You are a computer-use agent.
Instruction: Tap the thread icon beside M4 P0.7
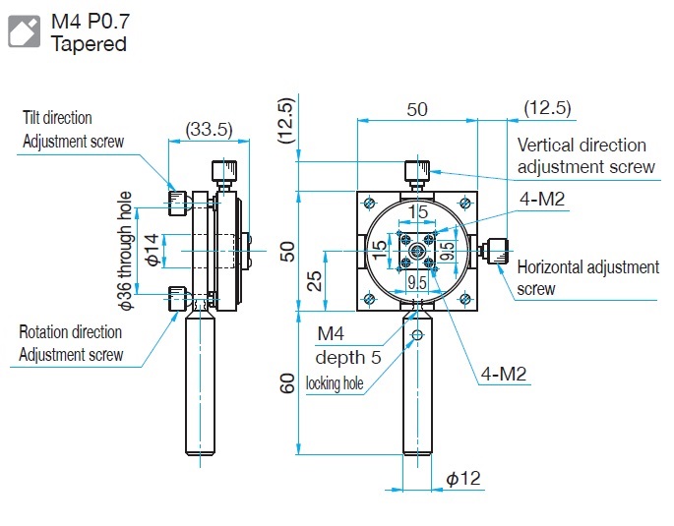(25, 30)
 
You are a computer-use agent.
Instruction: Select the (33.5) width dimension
(209, 128)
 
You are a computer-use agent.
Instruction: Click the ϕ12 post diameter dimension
(462, 479)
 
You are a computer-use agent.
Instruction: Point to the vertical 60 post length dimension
(287, 381)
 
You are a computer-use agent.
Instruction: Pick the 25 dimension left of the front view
(313, 282)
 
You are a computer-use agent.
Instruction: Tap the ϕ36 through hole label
(125, 251)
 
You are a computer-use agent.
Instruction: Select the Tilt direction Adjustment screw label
(73, 130)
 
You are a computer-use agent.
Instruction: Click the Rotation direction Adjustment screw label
(72, 343)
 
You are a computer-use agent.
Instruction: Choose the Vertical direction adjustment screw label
(585, 155)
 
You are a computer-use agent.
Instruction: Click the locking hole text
(341, 383)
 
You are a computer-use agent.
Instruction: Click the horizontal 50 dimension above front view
(417, 109)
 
